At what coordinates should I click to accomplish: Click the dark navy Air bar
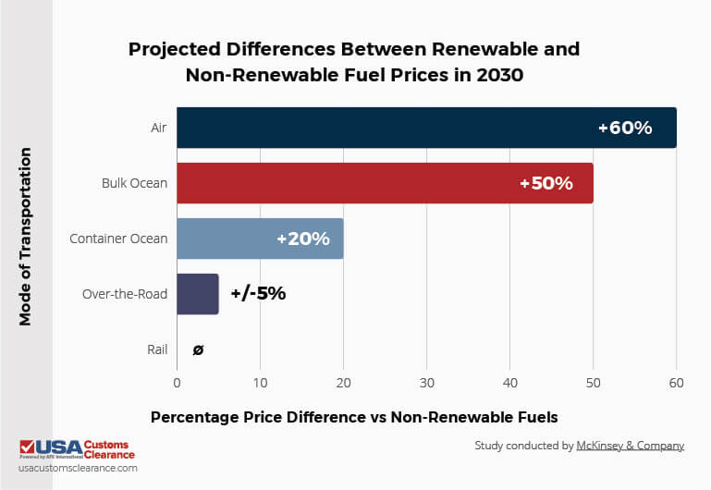[388, 128]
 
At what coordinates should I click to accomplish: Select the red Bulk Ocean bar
[351, 183]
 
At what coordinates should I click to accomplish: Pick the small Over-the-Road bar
[197, 294]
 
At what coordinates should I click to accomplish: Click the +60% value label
[625, 128]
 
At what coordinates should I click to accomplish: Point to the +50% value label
[546, 183]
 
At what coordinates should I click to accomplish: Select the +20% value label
[302, 239]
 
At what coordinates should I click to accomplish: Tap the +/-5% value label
[258, 294]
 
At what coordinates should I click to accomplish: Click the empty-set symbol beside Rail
[198, 349]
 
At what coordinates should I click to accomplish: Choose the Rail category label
[157, 349]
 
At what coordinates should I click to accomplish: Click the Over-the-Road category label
[125, 294]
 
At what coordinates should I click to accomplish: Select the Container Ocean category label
[118, 239]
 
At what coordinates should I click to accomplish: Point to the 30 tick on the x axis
[426, 381]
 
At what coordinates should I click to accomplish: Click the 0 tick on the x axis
[177, 381]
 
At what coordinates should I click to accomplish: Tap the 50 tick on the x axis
[593, 381]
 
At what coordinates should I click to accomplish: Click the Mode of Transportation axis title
[26, 236]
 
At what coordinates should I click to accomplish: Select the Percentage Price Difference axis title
[354, 417]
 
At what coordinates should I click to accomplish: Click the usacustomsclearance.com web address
[78, 469]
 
